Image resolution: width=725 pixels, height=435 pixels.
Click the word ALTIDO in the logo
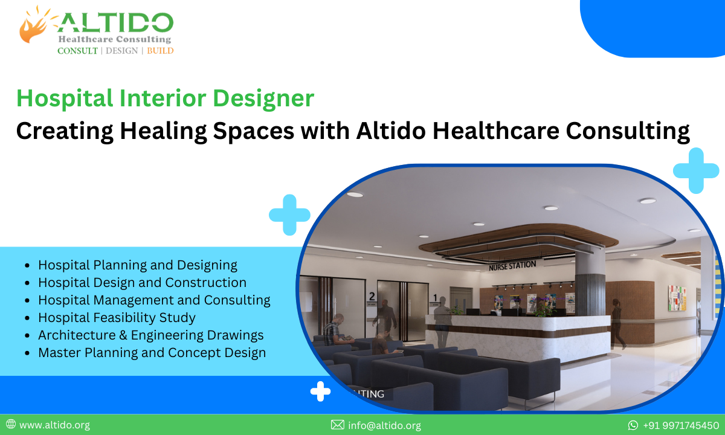tap(115, 23)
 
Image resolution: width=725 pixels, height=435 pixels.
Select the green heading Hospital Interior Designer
tap(165, 98)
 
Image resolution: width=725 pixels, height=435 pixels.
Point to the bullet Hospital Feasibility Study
tap(117, 317)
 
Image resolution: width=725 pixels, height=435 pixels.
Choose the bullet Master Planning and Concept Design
tap(152, 352)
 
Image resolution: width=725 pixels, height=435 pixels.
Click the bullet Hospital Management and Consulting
tap(154, 300)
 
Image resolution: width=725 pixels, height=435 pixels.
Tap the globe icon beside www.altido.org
tap(11, 425)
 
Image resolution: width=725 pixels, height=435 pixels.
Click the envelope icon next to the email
tap(338, 425)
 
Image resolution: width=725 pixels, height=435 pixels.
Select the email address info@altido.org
tap(384, 425)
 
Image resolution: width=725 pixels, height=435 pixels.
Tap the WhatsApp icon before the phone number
tap(633, 425)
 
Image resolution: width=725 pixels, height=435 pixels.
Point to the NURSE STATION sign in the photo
tap(512, 265)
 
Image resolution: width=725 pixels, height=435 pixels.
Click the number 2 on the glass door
tap(372, 297)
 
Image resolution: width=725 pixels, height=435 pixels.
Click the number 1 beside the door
tap(435, 297)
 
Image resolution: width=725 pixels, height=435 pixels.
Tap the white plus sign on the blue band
tap(320, 391)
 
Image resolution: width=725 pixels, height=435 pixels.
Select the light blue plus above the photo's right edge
tap(695, 170)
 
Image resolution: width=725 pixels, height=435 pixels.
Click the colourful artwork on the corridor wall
tap(677, 297)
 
